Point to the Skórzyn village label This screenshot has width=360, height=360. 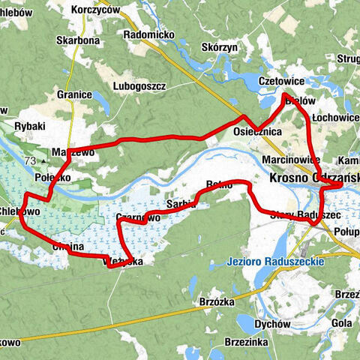click(x=219, y=46)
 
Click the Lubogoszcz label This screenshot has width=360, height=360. click(x=139, y=86)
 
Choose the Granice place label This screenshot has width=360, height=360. click(x=73, y=95)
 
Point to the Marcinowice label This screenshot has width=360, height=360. click(x=292, y=160)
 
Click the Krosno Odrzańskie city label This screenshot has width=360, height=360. click(x=313, y=178)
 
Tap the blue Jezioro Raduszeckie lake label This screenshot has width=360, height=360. click(x=274, y=262)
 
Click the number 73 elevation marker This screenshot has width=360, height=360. click(x=30, y=161)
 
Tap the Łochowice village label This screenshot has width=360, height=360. click(x=335, y=118)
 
